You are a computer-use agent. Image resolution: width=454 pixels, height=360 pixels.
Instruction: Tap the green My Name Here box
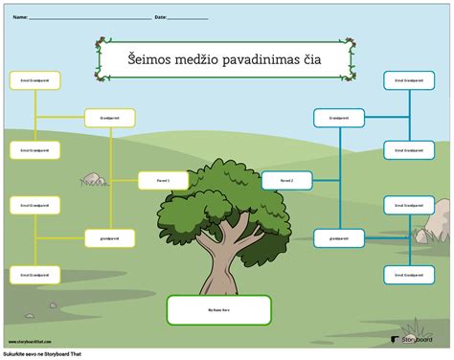pos(218,310)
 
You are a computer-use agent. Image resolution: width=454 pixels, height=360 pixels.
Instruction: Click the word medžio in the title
pos(197,61)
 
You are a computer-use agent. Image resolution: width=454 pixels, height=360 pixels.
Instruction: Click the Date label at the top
pos(160,17)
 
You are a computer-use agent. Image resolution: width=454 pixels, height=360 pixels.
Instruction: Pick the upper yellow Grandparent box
pos(109,118)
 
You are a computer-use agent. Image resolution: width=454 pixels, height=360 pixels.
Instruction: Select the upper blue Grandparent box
pos(338,118)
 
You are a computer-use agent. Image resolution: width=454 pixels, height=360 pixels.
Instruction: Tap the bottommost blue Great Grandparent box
pos(409,274)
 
